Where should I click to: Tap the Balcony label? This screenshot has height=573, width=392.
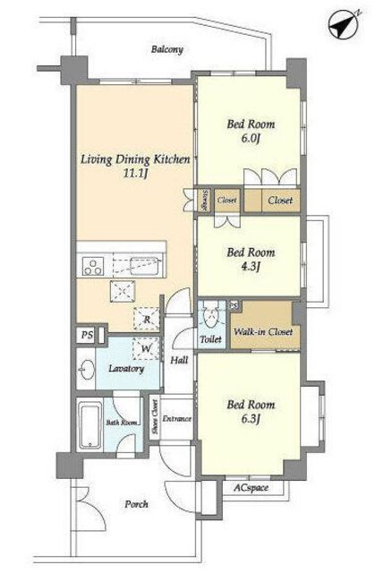click(167, 49)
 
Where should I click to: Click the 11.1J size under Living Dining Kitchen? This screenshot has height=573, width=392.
click(134, 174)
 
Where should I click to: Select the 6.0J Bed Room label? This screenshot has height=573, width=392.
click(251, 131)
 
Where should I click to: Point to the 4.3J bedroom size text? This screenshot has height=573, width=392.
click(251, 267)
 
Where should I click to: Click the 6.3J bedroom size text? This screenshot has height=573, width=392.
click(251, 419)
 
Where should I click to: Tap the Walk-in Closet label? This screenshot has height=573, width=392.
click(263, 332)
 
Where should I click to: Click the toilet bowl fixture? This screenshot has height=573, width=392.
click(210, 314)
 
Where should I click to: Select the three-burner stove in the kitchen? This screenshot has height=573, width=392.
click(92, 266)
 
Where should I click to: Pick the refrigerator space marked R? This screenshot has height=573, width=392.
click(147, 318)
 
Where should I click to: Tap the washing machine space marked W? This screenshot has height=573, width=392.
click(147, 348)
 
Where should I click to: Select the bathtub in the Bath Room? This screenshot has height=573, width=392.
click(89, 425)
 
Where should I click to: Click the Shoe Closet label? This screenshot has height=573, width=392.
click(155, 417)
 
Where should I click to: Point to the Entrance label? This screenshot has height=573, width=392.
click(177, 419)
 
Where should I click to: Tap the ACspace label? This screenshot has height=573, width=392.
click(251, 487)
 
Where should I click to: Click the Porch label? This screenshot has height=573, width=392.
click(136, 504)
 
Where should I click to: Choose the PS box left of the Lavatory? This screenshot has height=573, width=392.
click(87, 335)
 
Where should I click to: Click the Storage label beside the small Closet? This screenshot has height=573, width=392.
click(205, 200)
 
